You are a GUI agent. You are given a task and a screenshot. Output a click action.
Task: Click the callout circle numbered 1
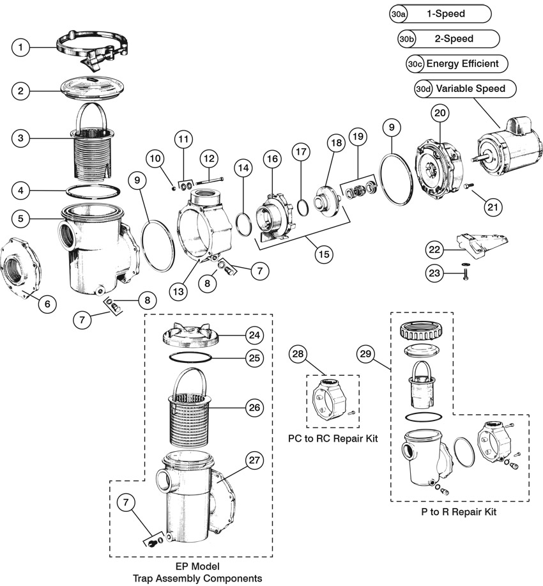coord(21,47)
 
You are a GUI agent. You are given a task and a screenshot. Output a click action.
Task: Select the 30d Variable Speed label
coord(464,89)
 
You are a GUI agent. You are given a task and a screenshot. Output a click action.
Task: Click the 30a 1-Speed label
coord(440,13)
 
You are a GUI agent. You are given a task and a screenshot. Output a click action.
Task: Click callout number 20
coord(440,113)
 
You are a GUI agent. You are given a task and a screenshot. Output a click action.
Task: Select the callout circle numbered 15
coord(323,253)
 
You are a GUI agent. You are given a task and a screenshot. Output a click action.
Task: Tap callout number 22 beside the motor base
coord(435,249)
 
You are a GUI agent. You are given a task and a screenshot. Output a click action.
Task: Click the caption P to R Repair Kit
coord(458,511)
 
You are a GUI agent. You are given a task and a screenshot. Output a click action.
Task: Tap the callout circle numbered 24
coord(254,334)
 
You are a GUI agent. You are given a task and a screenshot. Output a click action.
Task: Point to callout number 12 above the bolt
coord(208,158)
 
